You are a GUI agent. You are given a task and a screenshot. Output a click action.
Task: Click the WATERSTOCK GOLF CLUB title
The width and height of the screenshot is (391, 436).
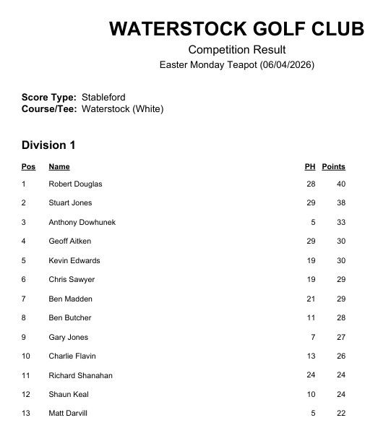click(x=236, y=29)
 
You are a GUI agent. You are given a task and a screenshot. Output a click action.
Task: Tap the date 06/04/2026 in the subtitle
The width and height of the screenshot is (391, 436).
click(x=289, y=65)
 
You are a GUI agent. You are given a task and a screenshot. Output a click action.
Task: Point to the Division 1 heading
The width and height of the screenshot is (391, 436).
click(x=48, y=145)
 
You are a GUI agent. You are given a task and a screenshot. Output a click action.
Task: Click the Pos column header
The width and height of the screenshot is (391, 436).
click(x=28, y=167)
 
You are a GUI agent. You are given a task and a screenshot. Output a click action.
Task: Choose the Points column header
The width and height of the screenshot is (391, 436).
click(x=333, y=167)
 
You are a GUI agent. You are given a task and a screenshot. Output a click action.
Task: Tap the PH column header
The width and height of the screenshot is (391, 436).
click(x=310, y=167)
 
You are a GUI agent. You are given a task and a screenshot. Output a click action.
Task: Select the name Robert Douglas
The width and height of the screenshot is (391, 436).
click(x=75, y=184)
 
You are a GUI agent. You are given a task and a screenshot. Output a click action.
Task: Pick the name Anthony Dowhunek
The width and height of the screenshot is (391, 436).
click(x=82, y=223)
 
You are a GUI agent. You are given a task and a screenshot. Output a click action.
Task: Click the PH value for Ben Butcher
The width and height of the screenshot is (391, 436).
click(x=311, y=318)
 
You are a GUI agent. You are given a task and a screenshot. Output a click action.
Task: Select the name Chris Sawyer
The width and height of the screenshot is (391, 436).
click(x=72, y=280)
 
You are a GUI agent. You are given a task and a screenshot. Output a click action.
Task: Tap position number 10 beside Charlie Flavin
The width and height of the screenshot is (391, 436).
click(x=26, y=356)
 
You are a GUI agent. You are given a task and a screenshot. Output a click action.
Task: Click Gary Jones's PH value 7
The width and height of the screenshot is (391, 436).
click(x=313, y=338)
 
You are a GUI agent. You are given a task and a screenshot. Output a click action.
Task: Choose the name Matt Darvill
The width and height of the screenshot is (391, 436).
click(x=69, y=414)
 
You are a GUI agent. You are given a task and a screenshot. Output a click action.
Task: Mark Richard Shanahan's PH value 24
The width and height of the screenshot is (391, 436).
click(x=311, y=376)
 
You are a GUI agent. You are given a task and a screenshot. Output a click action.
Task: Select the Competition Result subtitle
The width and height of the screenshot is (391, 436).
click(x=237, y=50)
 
